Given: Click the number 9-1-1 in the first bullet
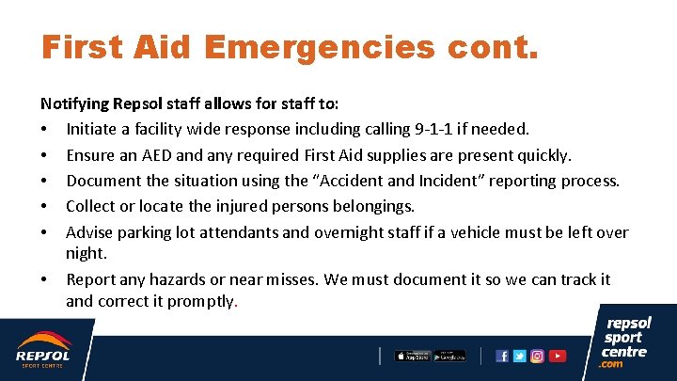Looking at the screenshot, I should coord(461,129).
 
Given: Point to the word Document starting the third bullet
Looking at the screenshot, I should coord(104,181).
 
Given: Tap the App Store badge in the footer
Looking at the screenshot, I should coord(412,356).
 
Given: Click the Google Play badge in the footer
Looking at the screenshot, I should coord(449,356).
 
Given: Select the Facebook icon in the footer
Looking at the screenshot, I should coord(502,356).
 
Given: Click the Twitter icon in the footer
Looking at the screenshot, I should coord(519,356).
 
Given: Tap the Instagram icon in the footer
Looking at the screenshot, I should coord(538,356).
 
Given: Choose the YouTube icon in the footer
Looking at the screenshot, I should coord(558,356).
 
